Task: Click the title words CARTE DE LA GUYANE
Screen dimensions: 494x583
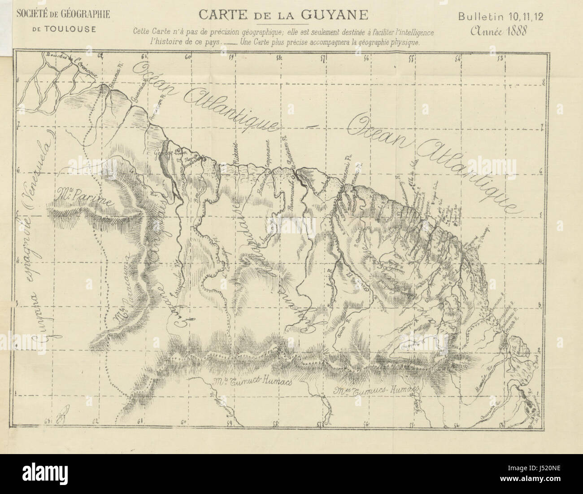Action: pyautogui.click(x=283, y=15)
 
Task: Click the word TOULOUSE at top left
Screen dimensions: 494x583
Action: pyautogui.click(x=63, y=30)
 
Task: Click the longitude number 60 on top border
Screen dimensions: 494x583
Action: pyautogui.click(x=187, y=57)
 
